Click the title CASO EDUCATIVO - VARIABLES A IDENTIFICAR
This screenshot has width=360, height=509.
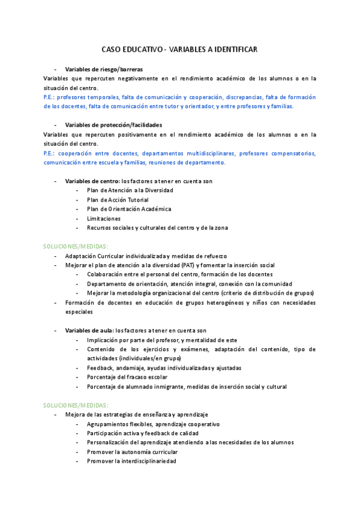click(x=179, y=50)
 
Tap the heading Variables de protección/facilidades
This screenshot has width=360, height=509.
click(x=113, y=125)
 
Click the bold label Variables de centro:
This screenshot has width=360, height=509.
click(x=92, y=181)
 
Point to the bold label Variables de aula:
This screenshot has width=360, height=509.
click(x=89, y=330)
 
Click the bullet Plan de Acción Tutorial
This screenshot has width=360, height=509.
click(x=118, y=200)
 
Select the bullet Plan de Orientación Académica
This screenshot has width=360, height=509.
click(x=128, y=209)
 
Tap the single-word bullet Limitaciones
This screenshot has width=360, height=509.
click(x=103, y=218)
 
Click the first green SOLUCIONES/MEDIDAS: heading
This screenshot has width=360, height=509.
click(x=76, y=246)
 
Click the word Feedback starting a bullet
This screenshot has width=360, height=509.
click(x=100, y=367)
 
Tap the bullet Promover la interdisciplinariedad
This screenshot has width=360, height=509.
click(x=131, y=461)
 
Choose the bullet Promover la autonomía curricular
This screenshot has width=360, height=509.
click(x=132, y=451)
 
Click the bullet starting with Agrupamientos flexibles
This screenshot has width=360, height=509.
click(x=153, y=424)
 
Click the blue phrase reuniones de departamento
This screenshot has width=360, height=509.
click(x=187, y=162)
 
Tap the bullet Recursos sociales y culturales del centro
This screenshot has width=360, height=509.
click(x=157, y=227)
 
